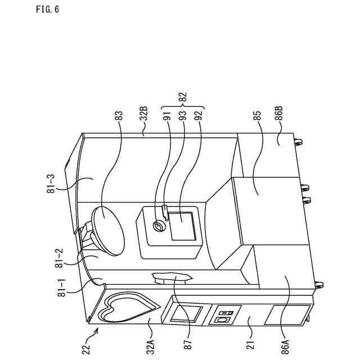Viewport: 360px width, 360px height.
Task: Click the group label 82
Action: pyautogui.click(x=182, y=97)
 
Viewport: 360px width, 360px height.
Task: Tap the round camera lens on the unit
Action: pyautogui.click(x=159, y=226)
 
